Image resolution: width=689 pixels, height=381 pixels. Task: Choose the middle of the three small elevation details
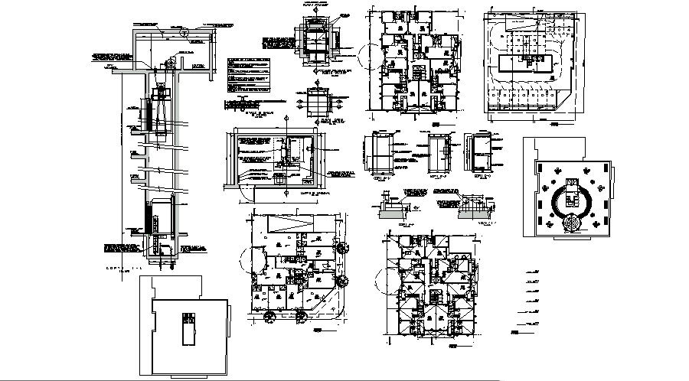pyautogui.click(x=438, y=153)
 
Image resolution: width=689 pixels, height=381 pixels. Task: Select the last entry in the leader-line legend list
pyautogui.click(x=528, y=334)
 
